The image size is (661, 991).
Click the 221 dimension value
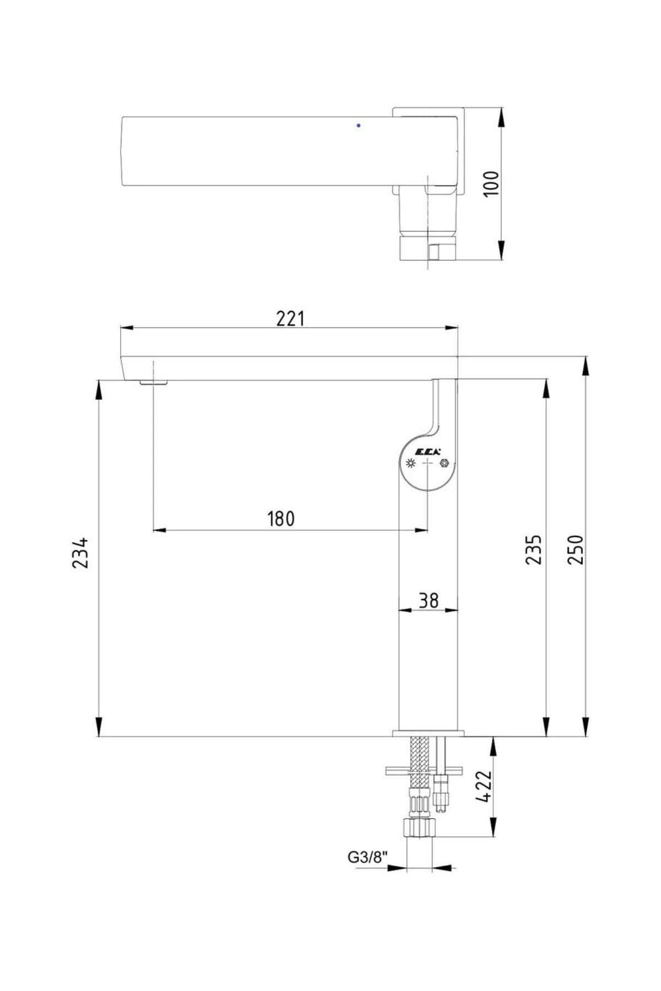click(x=290, y=318)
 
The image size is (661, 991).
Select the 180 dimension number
click(x=281, y=519)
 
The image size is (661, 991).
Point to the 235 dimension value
click(x=533, y=549)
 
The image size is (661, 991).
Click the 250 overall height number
click(x=575, y=549)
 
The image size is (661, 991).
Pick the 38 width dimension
click(x=428, y=600)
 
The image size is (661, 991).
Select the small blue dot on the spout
click(x=359, y=126)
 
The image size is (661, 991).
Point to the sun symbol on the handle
click(x=410, y=464)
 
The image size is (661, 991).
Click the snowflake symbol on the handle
click(x=444, y=464)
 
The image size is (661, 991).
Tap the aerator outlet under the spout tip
click(x=154, y=382)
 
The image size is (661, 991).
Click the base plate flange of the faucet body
click(x=429, y=733)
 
